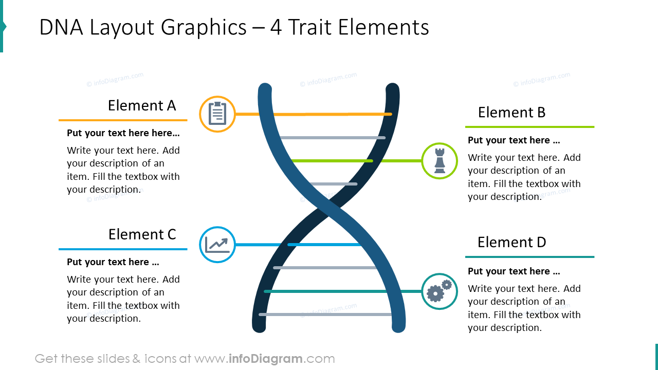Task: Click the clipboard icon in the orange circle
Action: (x=217, y=114)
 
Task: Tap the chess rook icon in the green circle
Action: (x=440, y=161)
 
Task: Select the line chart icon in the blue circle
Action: (x=217, y=245)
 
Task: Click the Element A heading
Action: (x=142, y=106)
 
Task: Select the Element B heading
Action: (x=511, y=113)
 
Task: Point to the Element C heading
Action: (x=142, y=235)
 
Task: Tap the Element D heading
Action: (x=511, y=243)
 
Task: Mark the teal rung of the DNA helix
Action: (x=329, y=291)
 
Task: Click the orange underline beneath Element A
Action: (x=123, y=120)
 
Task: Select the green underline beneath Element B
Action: (x=529, y=127)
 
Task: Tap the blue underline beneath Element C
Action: (x=123, y=249)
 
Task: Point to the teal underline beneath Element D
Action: (x=529, y=257)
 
